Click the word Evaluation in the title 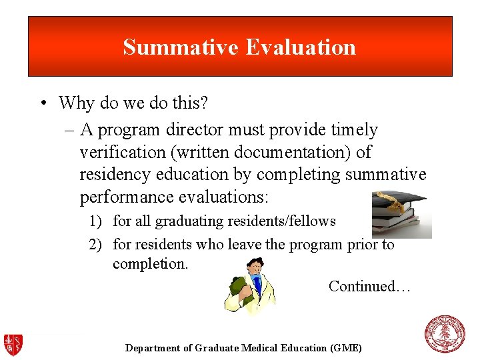point(301,47)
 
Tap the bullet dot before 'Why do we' point(43,103)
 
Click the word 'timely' point(355,130)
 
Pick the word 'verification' point(122,152)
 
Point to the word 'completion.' point(151,264)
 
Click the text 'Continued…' point(369,287)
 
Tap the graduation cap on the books point(399,201)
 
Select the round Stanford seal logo point(445,334)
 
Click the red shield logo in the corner point(13,345)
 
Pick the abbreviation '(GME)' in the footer point(346,348)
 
